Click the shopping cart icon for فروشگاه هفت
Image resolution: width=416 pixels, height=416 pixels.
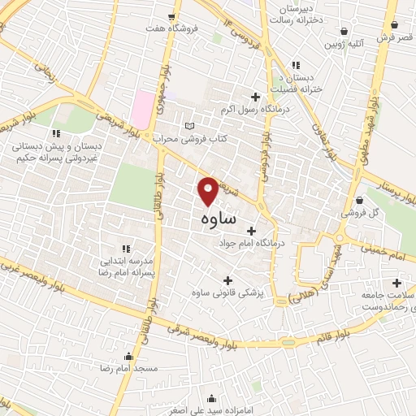[171, 16]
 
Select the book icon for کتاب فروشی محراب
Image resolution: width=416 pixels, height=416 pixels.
[190, 127]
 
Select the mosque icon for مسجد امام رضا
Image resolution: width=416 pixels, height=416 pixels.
[128, 356]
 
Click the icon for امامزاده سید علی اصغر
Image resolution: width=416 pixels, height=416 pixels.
[212, 398]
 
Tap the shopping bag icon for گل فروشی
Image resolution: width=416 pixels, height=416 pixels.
[360, 201]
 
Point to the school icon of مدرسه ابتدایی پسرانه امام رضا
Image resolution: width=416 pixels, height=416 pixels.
[125, 248]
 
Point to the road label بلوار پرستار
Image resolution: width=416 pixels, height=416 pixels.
[392, 189]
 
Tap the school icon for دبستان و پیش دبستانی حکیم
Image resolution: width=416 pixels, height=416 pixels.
[55, 132]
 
